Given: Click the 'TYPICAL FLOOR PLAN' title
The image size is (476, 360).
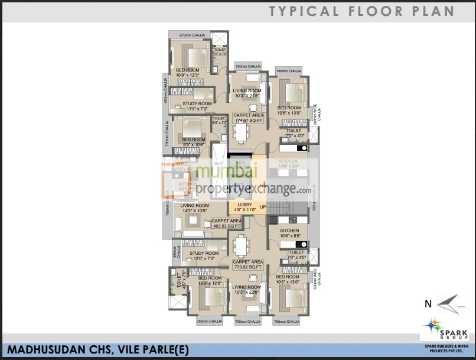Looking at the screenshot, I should tap(361, 11).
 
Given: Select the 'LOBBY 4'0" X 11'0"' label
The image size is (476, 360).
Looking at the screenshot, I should tap(244, 207).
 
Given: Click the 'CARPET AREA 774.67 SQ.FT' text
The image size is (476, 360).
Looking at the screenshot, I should tap(247, 118).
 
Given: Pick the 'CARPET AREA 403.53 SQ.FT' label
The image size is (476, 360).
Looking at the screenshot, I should tap(226, 223).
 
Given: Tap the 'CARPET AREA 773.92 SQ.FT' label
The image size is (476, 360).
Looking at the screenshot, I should tap(247, 264).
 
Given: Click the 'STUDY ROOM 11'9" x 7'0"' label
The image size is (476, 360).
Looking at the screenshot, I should tap(197, 106).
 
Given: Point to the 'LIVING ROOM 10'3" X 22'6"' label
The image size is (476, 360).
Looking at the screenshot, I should tap(247, 290).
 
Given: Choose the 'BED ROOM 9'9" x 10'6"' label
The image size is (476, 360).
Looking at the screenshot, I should tap(193, 142).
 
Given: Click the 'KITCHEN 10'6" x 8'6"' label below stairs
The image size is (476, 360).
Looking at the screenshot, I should tap(289, 233).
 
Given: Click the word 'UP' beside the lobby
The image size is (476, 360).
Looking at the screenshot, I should tap(263, 206).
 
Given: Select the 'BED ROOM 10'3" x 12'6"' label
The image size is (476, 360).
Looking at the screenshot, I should tap(210, 280).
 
